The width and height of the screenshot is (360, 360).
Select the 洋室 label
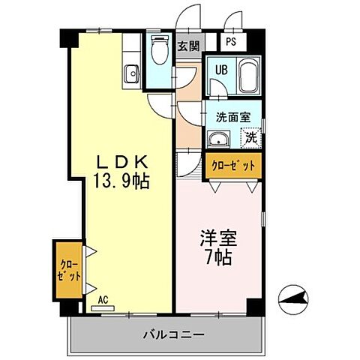(218, 240)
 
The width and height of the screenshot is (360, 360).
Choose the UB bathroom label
(221, 69)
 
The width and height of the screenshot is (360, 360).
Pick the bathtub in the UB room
(247, 77)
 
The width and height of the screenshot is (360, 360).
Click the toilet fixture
(159, 52)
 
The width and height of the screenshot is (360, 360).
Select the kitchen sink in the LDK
(131, 73)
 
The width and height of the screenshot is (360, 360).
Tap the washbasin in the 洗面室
(219, 139)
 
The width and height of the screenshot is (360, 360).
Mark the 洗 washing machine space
(252, 138)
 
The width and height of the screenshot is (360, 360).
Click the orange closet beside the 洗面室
(233, 165)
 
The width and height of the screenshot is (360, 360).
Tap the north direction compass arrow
(294, 301)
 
